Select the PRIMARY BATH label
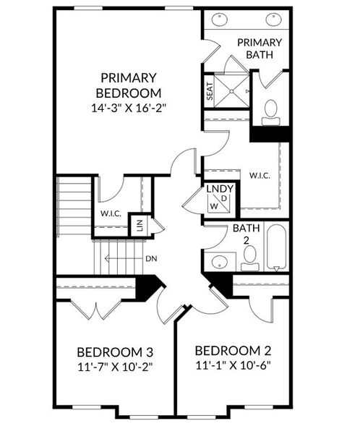coord(259,48)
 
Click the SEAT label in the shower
coord(210,91)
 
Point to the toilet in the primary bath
coord(271,109)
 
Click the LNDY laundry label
coord(218,190)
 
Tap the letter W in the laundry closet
coord(213,206)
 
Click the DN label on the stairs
coord(151,258)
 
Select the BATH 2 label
coord(241,234)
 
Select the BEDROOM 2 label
coord(233,351)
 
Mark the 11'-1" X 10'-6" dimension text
coord(233,365)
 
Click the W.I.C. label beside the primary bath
coord(260,176)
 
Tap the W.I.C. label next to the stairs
coord(110,214)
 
